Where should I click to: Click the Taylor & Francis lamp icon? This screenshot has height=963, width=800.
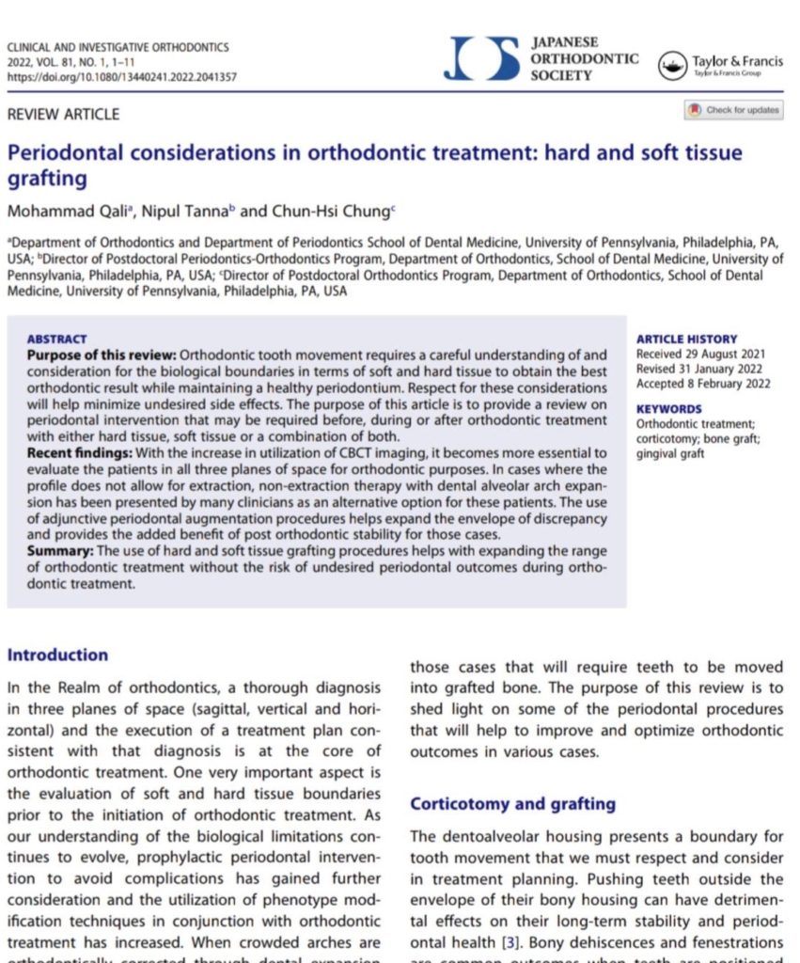(x=673, y=65)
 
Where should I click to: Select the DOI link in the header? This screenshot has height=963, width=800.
(x=121, y=77)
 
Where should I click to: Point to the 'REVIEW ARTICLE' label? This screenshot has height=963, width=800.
(x=63, y=115)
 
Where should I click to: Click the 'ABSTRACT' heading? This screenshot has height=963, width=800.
(x=56, y=339)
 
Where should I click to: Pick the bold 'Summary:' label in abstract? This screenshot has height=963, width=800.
(x=62, y=550)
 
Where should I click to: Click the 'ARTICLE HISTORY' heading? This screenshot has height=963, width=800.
(x=686, y=339)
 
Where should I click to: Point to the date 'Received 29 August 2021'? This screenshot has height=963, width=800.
(x=700, y=354)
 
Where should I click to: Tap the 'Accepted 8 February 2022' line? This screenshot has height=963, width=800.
(x=703, y=384)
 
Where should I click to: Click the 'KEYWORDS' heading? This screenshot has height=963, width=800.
(x=669, y=409)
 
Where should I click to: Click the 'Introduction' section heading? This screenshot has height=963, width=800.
(x=57, y=655)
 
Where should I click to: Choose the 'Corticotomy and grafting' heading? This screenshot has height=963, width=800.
(x=513, y=804)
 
